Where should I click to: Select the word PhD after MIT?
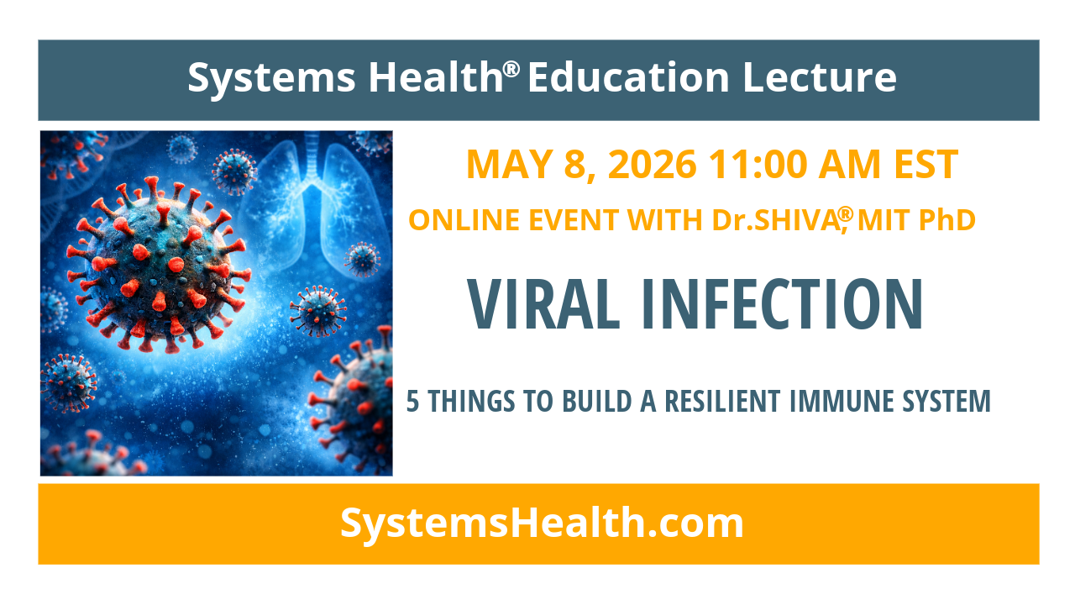tap(947, 220)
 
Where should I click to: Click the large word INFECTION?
tap(781, 304)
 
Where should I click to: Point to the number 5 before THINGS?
tap(412, 402)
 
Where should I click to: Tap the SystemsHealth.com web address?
tap(542, 523)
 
